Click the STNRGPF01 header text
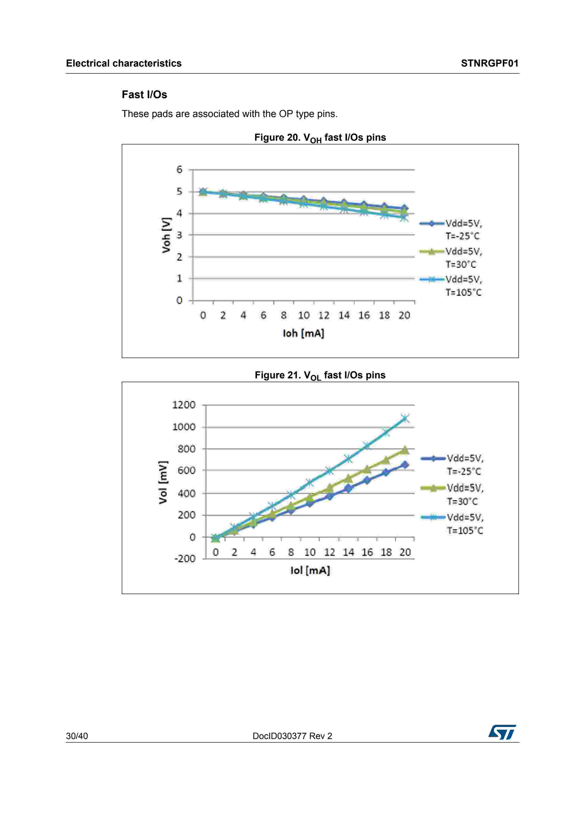[x=489, y=63]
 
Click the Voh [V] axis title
[x=166, y=235]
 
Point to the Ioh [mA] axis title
[x=303, y=333]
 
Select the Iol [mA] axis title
[x=310, y=570]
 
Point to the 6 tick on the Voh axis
[x=179, y=169]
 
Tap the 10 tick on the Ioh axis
[x=303, y=316]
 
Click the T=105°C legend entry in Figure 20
[x=463, y=286]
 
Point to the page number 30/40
[x=77, y=736]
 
